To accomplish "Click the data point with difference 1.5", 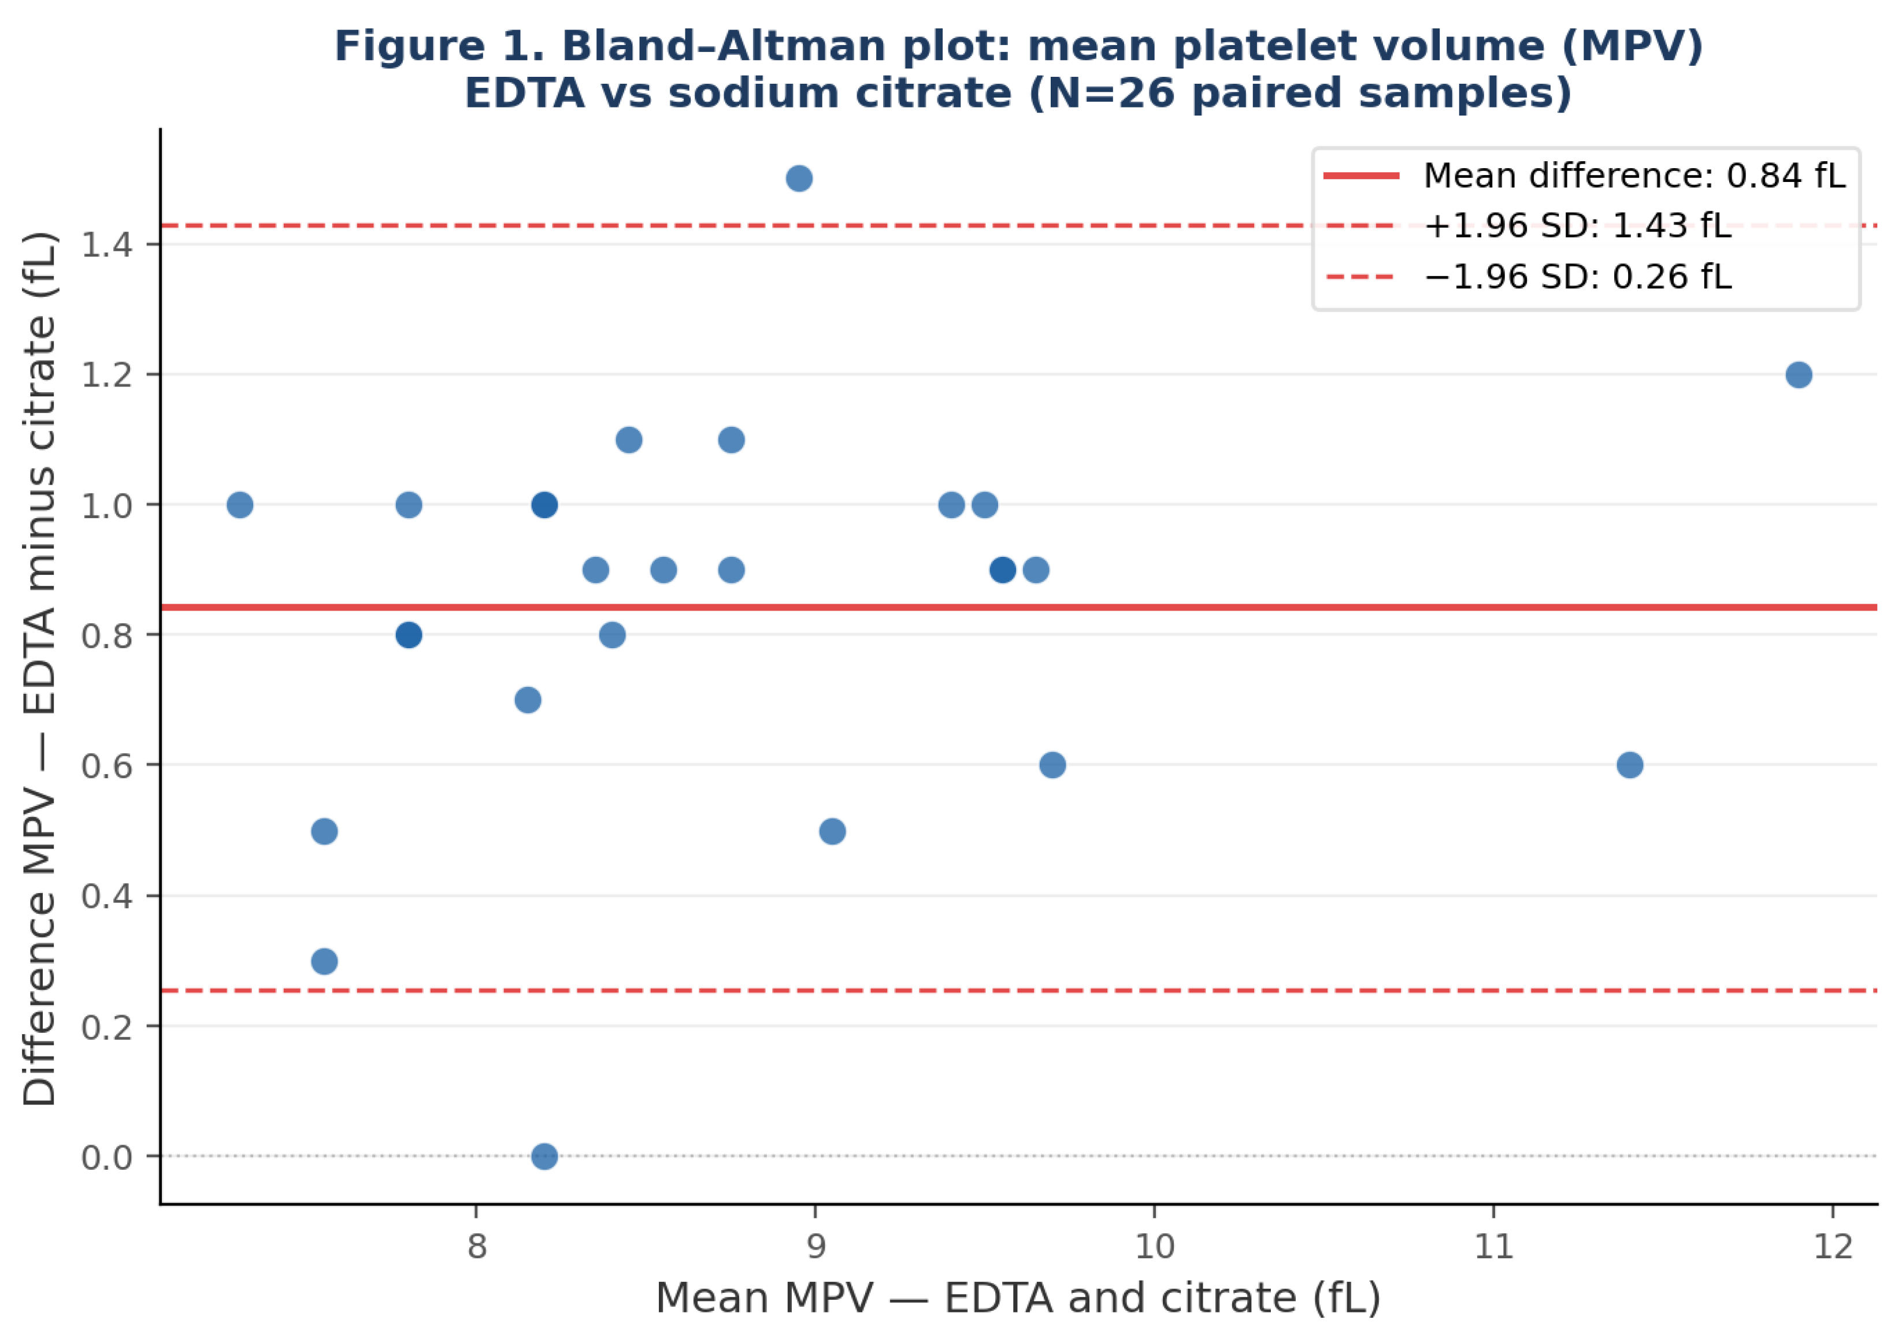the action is (799, 178).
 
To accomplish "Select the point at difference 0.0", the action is (544, 1155).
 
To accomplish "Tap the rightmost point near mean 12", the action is (1799, 374).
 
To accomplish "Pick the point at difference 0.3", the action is (324, 961).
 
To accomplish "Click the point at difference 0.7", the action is (528, 700).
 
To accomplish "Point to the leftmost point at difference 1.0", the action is (239, 504).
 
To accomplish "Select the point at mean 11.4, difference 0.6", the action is (1629, 764).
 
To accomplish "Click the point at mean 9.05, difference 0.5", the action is (833, 831).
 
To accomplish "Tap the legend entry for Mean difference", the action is (1585, 176).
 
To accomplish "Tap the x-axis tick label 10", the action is (1154, 1246).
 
